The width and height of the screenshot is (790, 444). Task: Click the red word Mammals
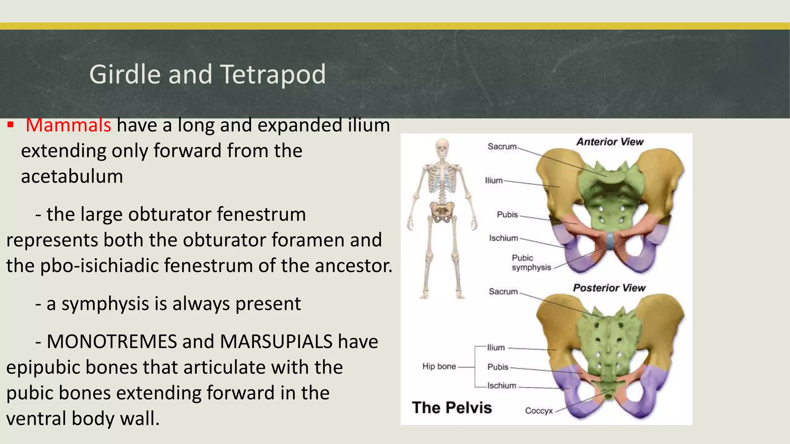coord(68,125)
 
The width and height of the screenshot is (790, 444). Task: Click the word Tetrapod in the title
coord(273,74)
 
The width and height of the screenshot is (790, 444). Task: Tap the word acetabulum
coord(72,177)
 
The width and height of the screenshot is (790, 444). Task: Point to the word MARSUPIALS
coord(276,341)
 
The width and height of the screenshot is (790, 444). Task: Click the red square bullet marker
coord(10,125)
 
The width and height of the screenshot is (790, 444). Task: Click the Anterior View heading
coord(610,142)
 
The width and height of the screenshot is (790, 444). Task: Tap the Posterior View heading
coord(609,288)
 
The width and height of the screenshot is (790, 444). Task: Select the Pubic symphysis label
coord(531,262)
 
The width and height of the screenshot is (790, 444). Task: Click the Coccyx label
coord(538,411)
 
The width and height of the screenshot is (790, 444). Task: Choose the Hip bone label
coord(439,367)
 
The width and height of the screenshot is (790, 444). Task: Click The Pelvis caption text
coord(452,408)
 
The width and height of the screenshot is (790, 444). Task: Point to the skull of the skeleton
coord(442,148)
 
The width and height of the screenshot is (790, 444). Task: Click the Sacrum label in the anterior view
coord(501,146)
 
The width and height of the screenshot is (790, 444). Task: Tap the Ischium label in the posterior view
coord(501,386)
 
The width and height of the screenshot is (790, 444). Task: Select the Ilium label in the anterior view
coord(494,180)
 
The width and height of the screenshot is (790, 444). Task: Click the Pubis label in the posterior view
coord(498,367)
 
